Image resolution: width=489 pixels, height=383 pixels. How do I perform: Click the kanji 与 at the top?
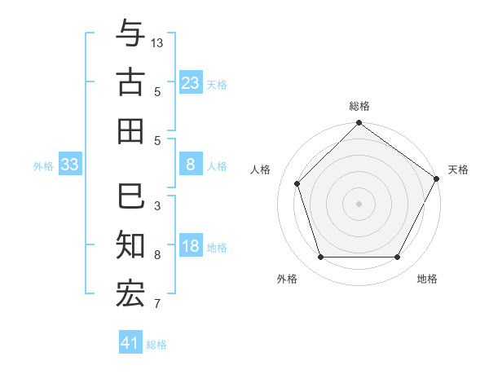point(130,34)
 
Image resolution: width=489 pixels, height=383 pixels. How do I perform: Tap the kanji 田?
point(130,130)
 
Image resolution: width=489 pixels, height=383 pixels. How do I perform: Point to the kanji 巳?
point(130,196)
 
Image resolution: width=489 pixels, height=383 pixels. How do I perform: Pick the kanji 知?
point(130,244)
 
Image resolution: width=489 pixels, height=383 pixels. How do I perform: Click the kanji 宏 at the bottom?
point(130,293)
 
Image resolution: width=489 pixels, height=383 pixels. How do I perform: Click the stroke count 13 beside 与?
point(158,42)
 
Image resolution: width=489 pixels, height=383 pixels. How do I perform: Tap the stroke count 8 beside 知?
point(157,255)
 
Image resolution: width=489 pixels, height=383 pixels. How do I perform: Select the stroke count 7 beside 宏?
point(157,304)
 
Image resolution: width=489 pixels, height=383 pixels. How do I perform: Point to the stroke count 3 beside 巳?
point(157,206)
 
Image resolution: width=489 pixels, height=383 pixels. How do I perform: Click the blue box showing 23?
point(190,83)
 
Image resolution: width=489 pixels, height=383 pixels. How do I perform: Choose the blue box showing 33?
point(69,165)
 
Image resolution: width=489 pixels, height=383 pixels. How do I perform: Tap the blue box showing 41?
point(130,343)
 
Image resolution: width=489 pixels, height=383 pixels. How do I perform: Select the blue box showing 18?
point(190,247)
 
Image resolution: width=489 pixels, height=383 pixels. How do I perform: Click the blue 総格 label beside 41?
point(156,345)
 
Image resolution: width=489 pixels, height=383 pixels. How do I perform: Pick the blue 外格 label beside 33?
point(43,166)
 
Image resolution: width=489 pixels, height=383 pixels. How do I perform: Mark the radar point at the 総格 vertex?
point(359,124)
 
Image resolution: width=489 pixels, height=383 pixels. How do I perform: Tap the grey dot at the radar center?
point(359,203)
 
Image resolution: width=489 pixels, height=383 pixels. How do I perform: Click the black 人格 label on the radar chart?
point(261,170)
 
